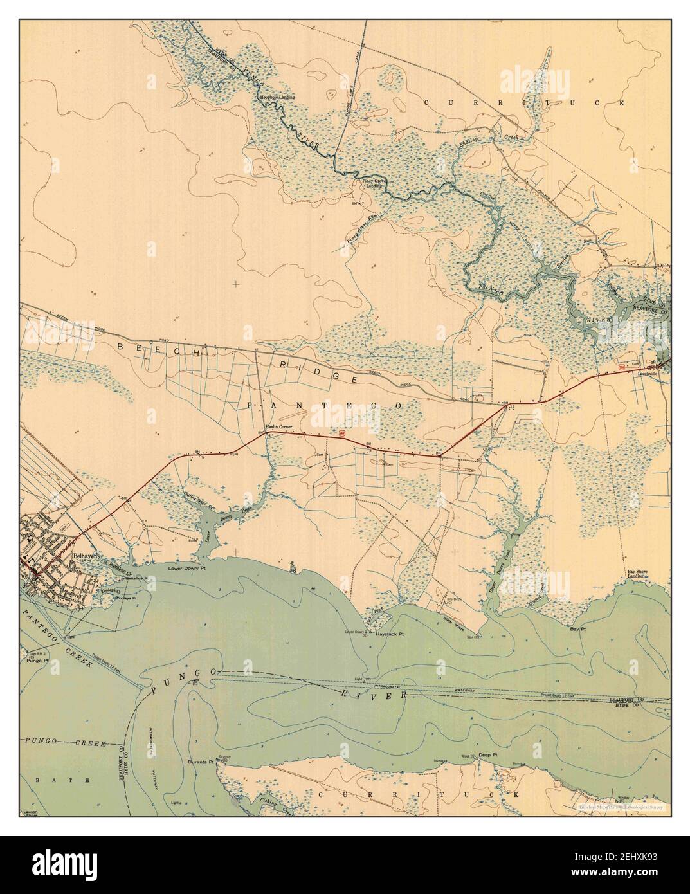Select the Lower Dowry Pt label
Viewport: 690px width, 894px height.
tap(186, 569)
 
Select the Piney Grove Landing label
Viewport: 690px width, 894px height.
tap(370, 185)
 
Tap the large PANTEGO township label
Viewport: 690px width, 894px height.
tap(325, 405)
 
